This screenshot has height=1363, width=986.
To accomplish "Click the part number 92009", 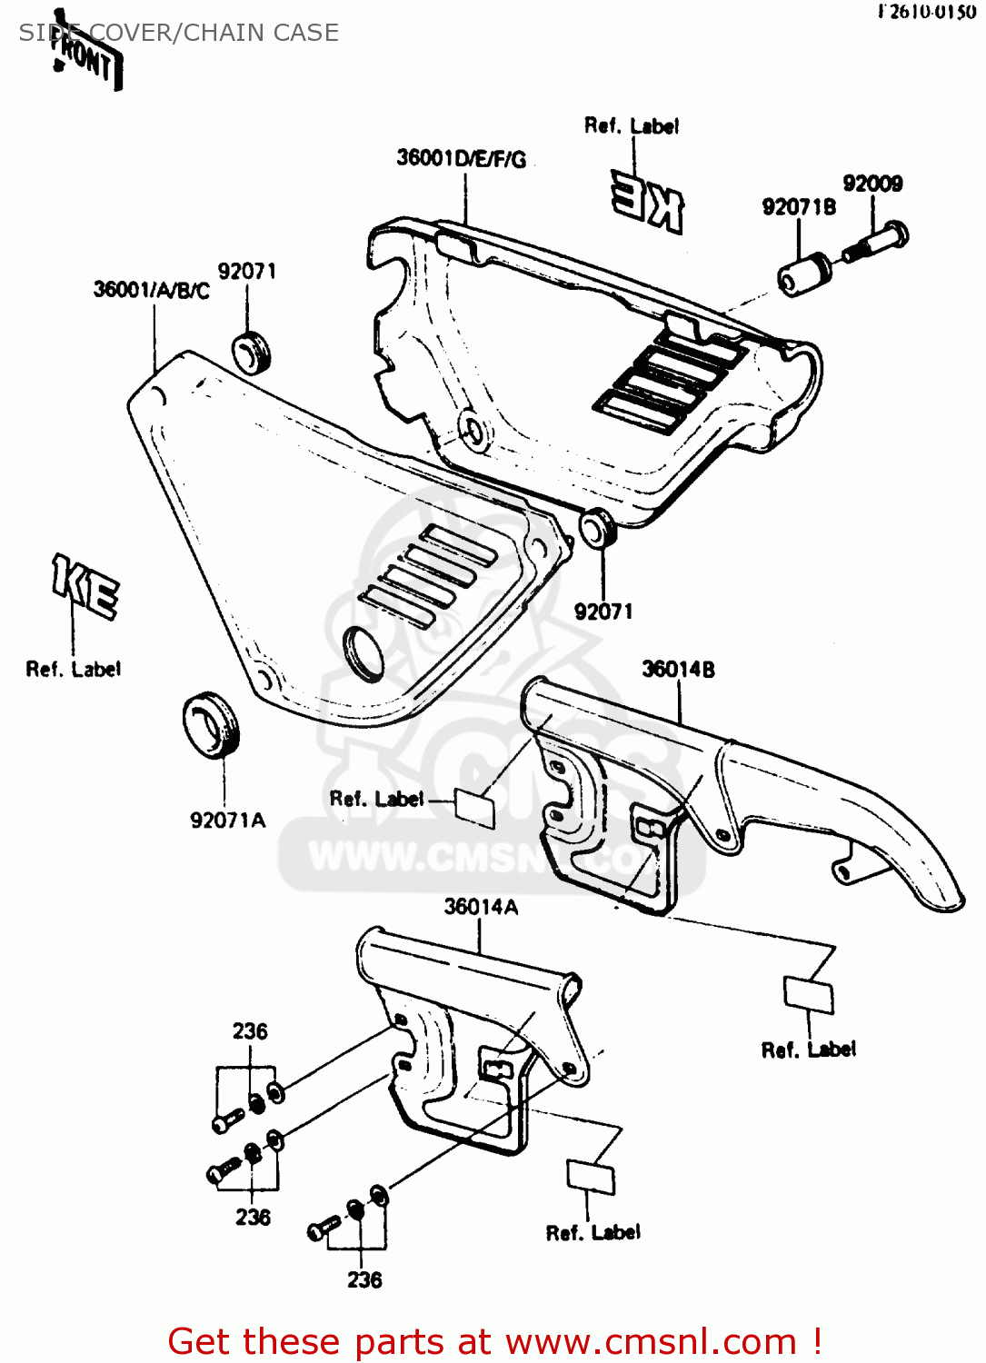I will tap(872, 184).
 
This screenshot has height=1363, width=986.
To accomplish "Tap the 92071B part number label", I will tap(799, 207).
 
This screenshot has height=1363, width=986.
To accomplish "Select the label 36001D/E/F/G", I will tap(461, 159).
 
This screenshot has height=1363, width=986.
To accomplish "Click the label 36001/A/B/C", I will tap(151, 290).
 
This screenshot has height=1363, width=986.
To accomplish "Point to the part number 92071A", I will tap(227, 821).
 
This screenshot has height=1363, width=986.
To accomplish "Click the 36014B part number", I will tap(678, 670).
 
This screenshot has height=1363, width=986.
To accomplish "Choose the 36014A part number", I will tap(481, 907).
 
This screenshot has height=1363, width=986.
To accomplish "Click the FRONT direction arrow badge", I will tap(86, 56).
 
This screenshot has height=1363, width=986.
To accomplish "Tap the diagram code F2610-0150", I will tap(926, 12).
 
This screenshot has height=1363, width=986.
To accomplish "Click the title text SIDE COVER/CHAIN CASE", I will tap(179, 33).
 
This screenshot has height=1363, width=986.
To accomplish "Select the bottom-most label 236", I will tap(364, 1280).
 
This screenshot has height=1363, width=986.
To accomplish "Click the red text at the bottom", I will tap(495, 1341).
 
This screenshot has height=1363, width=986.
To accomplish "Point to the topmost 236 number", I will tap(250, 1031).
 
